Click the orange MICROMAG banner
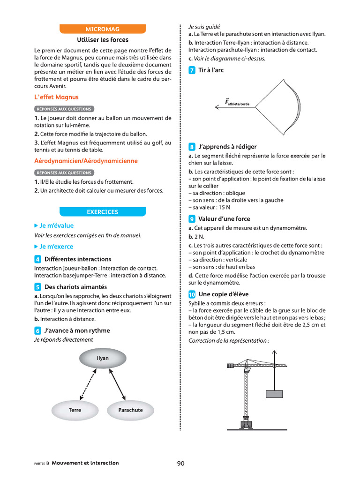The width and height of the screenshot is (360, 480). [103, 29]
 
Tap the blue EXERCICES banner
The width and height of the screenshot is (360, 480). [103, 212]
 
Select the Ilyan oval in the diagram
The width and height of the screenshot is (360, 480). [103, 359]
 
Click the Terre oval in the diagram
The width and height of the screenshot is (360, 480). [75, 410]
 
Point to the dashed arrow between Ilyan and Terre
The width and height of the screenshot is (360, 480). [88, 384]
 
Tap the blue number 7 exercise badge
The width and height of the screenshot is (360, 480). [192, 70]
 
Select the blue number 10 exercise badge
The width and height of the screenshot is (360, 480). [192, 294]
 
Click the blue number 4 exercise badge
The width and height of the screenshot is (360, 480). [38, 259]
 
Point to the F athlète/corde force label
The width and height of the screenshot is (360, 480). [237, 102]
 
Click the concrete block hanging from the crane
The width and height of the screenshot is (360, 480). [274, 394]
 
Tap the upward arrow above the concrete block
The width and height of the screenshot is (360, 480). [274, 370]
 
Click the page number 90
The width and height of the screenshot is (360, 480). [181, 463]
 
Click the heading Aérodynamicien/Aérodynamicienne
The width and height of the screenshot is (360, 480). [86, 161]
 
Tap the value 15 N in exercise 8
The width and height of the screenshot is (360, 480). [224, 207]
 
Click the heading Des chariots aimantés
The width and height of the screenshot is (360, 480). [75, 287]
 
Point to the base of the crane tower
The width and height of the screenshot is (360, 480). [246, 424]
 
